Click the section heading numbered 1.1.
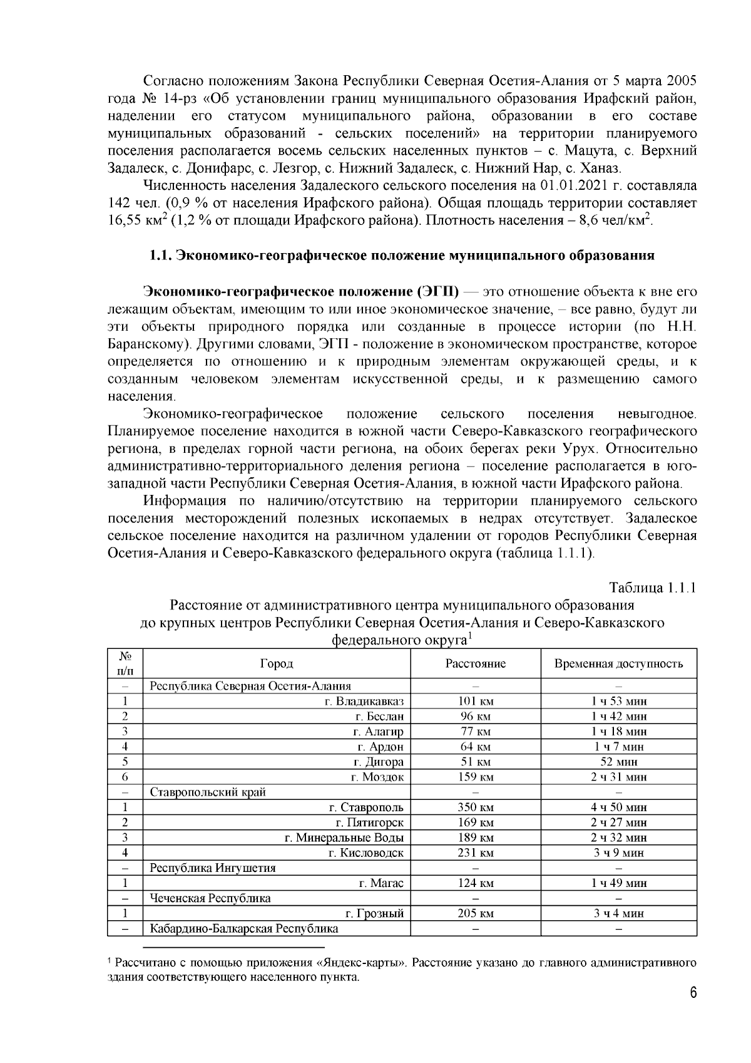click(401, 256)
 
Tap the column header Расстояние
click(476, 663)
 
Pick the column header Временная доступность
click(618, 663)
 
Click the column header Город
click(277, 663)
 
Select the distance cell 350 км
click(476, 807)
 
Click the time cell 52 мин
click(619, 762)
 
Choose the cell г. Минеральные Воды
click(344, 837)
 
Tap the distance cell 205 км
click(476, 913)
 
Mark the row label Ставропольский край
click(208, 792)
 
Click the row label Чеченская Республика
click(210, 898)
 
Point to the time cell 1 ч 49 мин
click(619, 883)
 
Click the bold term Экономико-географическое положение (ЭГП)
click(301, 292)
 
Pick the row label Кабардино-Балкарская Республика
click(244, 928)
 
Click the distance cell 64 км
click(476, 747)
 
